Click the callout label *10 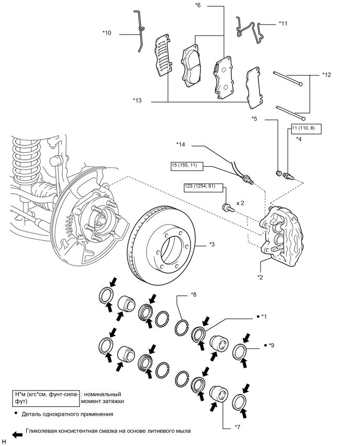[x=107, y=33]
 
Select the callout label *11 [x=283, y=24]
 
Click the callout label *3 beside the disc [x=212, y=244]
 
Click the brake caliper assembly [x=281, y=230]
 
